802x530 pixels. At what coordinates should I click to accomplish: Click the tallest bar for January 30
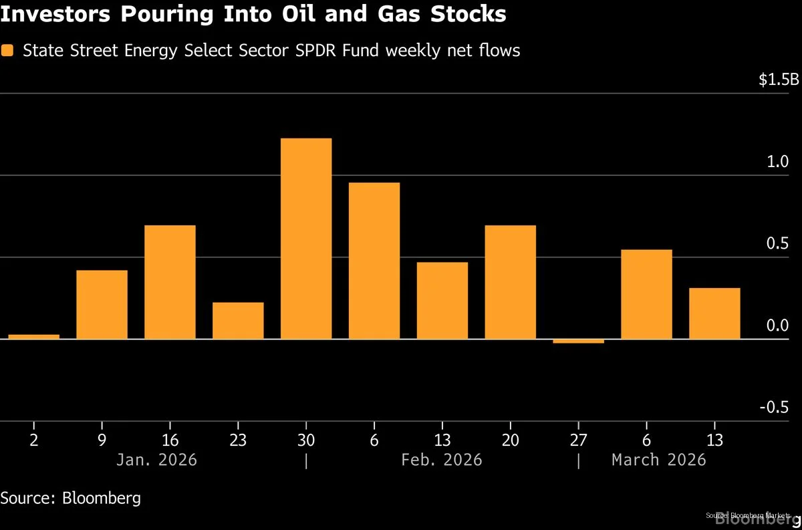pyautogui.click(x=306, y=239)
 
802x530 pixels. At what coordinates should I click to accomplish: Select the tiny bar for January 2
pyautogui.click(x=34, y=336)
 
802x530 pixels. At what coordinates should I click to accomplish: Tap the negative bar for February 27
pyautogui.click(x=578, y=341)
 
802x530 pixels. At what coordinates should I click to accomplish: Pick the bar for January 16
pyautogui.click(x=170, y=282)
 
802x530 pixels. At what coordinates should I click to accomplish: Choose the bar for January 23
pyautogui.click(x=238, y=321)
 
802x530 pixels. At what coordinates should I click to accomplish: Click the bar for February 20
pyautogui.click(x=510, y=282)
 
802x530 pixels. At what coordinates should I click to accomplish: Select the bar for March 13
pyautogui.click(x=714, y=313)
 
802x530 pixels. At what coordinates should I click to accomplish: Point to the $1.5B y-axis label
pyautogui.click(x=778, y=80)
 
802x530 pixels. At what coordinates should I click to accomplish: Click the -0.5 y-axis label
pyautogui.click(x=783, y=408)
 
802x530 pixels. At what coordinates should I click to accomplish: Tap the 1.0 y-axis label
pyautogui.click(x=787, y=162)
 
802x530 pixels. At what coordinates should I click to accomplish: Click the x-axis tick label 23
pyautogui.click(x=238, y=440)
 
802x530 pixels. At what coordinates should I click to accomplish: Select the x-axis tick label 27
pyautogui.click(x=578, y=440)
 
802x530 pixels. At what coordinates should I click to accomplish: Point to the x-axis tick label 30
pyautogui.click(x=306, y=440)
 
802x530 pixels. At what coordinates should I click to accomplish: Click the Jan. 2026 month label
pyautogui.click(x=156, y=460)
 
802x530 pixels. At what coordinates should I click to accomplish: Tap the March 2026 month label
pyautogui.click(x=658, y=460)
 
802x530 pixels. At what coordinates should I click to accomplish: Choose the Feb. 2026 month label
pyautogui.click(x=441, y=460)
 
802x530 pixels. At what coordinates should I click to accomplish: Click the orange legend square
pyautogui.click(x=7, y=50)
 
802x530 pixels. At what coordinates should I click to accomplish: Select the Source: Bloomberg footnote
pyautogui.click(x=71, y=498)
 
